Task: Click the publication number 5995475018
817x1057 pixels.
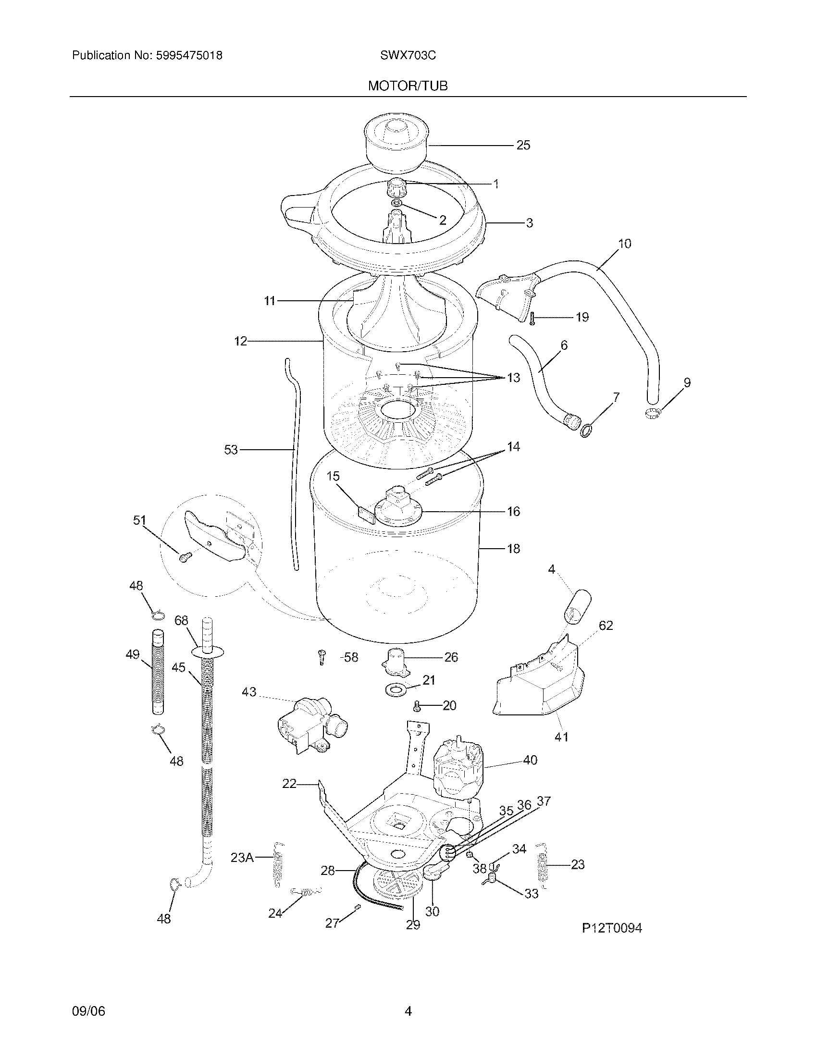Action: pos(189,56)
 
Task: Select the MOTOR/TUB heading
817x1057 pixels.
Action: pos(408,86)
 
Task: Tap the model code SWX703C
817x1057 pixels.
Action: pos(408,56)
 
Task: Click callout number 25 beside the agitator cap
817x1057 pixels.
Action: pos(523,145)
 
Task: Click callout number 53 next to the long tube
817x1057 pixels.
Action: pos(231,450)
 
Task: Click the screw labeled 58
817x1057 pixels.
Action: pos(322,657)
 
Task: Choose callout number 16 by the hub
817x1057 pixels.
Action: pos(513,511)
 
